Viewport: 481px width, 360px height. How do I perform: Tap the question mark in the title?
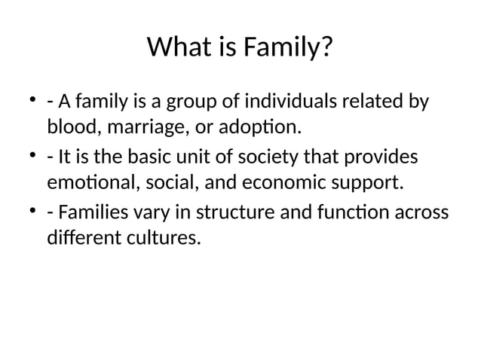pyautogui.click(x=325, y=50)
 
